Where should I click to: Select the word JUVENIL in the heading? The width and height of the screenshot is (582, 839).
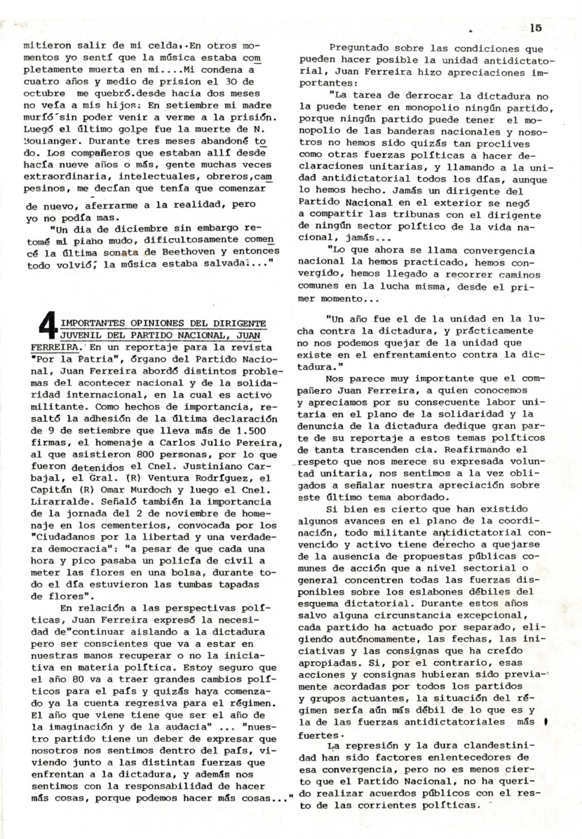(x=87, y=335)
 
